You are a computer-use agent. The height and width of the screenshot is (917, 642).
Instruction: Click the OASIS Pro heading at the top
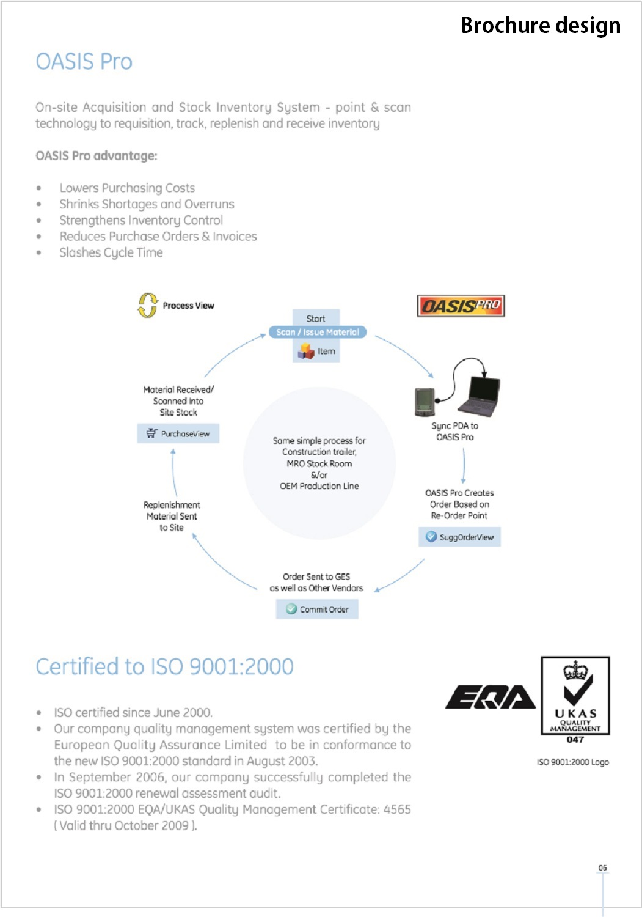[x=84, y=62]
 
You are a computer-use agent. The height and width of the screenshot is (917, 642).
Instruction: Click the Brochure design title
[x=540, y=25]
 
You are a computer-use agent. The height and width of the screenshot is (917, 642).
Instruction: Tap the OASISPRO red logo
[x=461, y=306]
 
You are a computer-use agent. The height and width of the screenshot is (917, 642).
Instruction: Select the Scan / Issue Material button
[x=318, y=332]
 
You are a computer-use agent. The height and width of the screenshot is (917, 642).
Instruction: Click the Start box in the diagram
[x=316, y=318]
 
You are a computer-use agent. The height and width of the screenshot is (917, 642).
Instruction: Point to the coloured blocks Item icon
[x=306, y=351]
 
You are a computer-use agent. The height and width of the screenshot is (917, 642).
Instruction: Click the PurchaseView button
[x=178, y=433]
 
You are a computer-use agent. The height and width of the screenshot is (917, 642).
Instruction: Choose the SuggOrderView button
[x=460, y=537]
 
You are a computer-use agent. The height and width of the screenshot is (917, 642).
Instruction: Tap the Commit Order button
[x=317, y=609]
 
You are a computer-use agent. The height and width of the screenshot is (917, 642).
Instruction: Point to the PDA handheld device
[x=425, y=402]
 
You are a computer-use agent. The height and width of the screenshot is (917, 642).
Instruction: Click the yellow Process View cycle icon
[x=147, y=305]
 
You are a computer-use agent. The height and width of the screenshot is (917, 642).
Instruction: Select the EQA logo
[x=490, y=697]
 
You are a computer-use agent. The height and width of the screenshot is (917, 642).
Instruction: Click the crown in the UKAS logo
[x=575, y=671]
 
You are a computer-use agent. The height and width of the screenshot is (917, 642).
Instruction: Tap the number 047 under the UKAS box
[x=575, y=740]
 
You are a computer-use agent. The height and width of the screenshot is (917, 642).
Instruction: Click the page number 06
[x=603, y=867]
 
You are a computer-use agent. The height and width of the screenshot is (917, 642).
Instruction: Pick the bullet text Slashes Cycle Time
[x=111, y=252]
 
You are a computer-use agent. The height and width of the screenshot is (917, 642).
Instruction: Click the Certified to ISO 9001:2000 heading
[x=165, y=666]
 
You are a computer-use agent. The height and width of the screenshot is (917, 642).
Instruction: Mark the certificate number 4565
[x=397, y=809]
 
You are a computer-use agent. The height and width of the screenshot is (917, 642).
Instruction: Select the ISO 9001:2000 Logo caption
[x=572, y=762]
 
